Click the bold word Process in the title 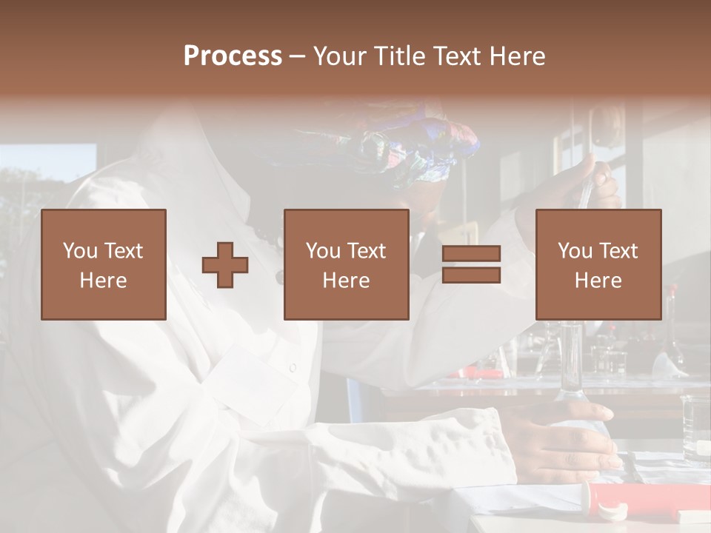233,56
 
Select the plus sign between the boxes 225,265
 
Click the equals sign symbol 471,264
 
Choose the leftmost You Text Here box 104,264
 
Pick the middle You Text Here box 347,264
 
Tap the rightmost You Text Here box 598,264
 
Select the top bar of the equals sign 471,254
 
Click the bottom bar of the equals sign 471,275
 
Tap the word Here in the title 518,56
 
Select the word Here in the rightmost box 598,280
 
